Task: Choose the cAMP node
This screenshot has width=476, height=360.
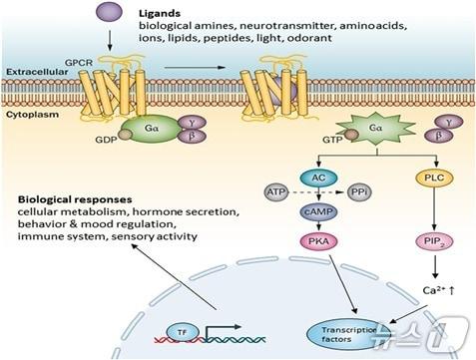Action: [319, 212]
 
